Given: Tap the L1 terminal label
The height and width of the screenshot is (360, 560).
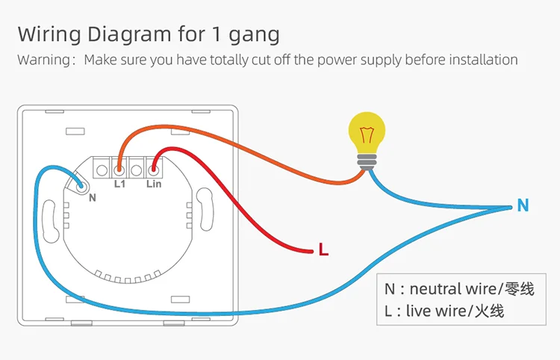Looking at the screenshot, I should (119, 183).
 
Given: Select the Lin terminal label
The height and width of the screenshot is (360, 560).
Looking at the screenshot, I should (154, 183).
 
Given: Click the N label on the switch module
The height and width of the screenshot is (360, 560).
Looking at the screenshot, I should (92, 198).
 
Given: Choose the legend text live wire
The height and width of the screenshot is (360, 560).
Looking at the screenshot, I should (437, 311).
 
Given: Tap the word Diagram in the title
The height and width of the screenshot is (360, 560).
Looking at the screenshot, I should (125, 34).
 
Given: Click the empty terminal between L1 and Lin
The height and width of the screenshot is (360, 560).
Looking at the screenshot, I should (137, 166).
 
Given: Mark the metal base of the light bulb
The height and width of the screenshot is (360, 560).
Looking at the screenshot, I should (367, 161).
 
